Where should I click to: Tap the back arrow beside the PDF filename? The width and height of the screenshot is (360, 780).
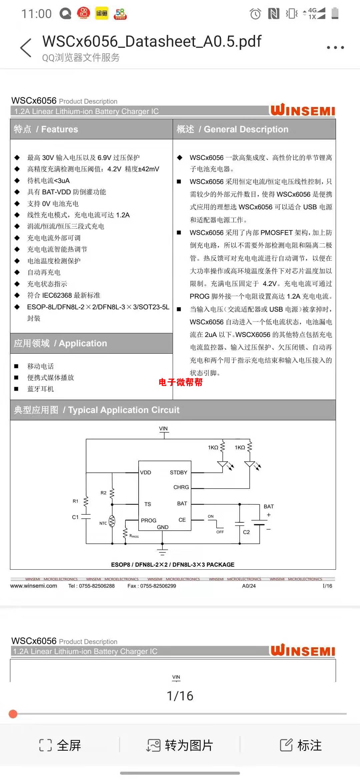click(26, 48)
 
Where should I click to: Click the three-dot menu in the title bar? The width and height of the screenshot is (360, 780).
click(335, 48)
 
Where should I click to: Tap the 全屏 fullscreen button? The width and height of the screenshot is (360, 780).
click(60, 745)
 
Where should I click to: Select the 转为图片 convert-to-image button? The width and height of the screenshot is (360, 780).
click(180, 745)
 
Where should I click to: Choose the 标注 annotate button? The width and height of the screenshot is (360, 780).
click(301, 745)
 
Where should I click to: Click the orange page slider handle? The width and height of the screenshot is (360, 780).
click(13, 714)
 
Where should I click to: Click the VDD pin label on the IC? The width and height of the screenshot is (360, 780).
click(146, 472)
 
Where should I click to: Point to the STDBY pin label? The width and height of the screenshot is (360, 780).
click(178, 472)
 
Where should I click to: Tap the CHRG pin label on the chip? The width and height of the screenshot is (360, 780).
click(181, 487)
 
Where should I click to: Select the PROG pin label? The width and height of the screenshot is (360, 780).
click(148, 520)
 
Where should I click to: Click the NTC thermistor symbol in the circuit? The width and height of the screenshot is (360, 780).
click(112, 521)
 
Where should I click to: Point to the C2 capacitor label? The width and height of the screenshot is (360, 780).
click(246, 532)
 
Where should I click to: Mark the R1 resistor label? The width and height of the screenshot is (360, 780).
click(76, 501)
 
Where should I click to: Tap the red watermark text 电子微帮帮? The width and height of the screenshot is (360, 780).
click(180, 382)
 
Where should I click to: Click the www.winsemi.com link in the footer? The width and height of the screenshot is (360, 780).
click(34, 586)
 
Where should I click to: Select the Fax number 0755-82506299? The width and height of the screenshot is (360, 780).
click(152, 586)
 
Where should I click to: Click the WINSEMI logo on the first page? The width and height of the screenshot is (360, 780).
click(302, 110)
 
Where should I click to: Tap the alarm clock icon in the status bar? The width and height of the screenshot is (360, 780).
click(255, 14)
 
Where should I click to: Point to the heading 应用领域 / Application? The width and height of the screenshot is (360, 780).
click(60, 343)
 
